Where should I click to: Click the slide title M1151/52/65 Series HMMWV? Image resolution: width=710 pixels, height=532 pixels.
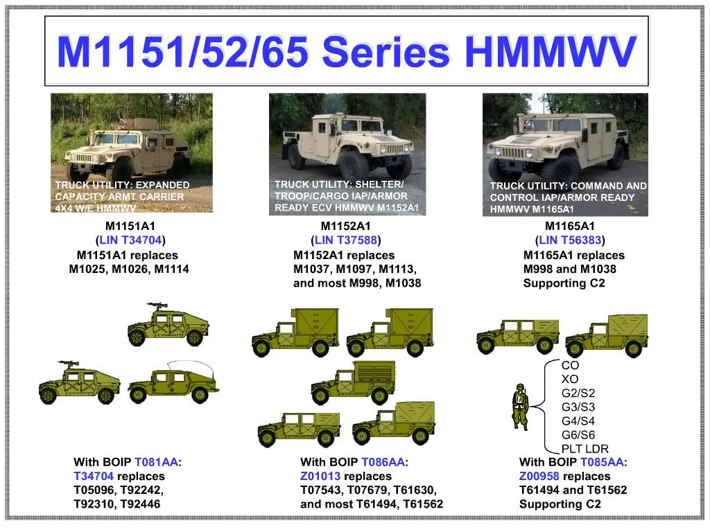coord(346,51)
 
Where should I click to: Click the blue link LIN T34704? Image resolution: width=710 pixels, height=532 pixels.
coord(130,240)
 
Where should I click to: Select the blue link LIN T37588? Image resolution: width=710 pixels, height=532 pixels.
coord(346,240)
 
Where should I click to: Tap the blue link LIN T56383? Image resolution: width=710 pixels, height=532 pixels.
coord(570,240)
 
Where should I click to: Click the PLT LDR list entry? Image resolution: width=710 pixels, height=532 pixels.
coord(585,449)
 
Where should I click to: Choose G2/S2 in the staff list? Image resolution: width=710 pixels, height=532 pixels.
coord(578,393)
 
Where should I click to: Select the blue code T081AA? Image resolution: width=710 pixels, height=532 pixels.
coord(156,462)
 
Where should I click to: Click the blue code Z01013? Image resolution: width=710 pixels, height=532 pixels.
coord(320,476)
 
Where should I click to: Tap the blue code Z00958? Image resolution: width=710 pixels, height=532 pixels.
coord(539,476)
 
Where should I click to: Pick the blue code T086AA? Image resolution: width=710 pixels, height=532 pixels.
coord(383,462)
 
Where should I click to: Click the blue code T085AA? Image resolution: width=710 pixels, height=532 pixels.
coord(602,462)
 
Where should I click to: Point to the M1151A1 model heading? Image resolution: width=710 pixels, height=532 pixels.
coord(130,226)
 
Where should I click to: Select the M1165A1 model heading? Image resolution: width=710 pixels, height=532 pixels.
coord(570,226)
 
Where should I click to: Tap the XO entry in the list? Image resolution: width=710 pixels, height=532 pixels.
coord(569,380)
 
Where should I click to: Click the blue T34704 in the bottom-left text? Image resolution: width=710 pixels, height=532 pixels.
coord(94,476)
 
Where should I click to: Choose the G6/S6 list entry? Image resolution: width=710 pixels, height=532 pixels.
coord(578,435)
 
